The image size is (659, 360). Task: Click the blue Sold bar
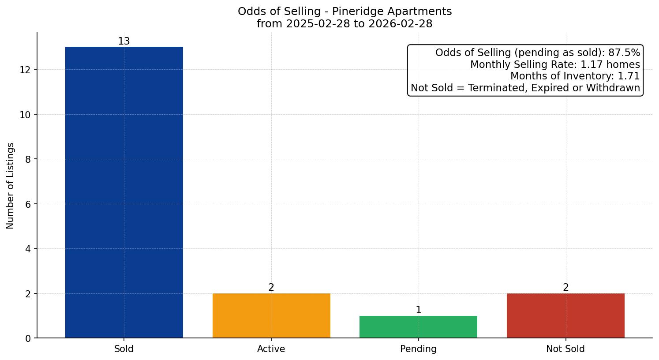[124, 192]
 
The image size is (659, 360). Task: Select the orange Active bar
[271, 315]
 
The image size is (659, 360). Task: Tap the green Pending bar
[418, 327]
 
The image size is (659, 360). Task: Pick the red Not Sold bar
[565, 315]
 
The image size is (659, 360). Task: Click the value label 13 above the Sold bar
[124, 41]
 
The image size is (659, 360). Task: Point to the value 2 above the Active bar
[271, 288]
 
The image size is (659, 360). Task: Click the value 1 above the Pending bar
[418, 310]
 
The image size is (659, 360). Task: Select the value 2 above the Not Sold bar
[565, 288]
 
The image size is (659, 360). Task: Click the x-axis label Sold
[124, 349]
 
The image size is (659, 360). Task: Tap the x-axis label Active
[271, 349]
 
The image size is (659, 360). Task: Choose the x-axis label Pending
[418, 349]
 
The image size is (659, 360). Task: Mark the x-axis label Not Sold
[565, 349]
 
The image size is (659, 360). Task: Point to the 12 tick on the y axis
[25, 70]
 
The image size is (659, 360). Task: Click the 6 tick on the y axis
[28, 204]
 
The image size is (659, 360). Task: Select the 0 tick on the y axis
[28, 338]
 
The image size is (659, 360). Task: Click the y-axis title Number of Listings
[11, 186]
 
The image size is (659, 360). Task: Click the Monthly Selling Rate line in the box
[555, 64]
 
